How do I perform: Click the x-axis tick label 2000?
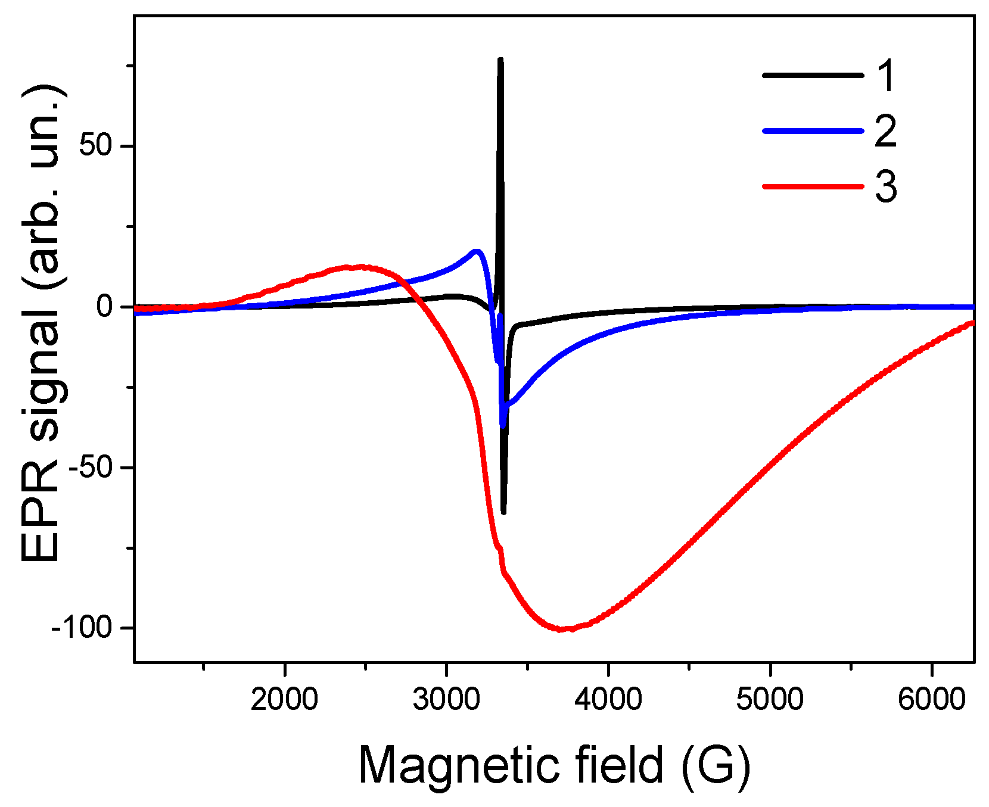[284, 699]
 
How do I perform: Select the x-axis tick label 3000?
[446, 699]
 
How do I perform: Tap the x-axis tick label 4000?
[608, 699]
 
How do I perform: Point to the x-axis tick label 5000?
[770, 699]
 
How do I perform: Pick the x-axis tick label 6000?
[931, 699]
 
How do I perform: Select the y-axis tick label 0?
[105, 307]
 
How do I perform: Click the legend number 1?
[886, 76]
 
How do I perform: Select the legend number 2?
[886, 131]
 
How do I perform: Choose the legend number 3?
[886, 186]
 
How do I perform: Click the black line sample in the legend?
[813, 75]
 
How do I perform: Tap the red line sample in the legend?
[813, 186]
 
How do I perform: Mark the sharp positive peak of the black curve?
[500, 60]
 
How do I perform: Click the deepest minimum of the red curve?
[563, 629]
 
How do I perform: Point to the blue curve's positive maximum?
[476, 251]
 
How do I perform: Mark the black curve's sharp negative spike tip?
[504, 512]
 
